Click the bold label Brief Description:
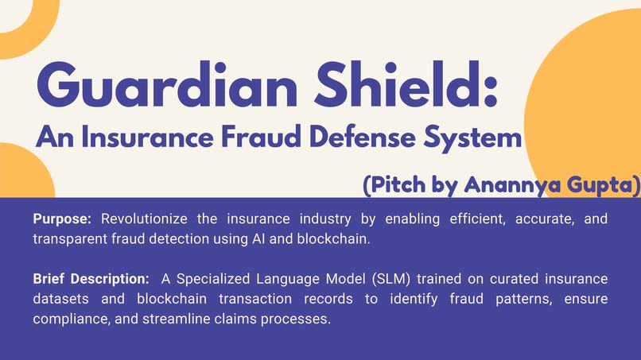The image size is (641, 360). coord(91,279)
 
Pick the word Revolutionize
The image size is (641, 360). coord(140,219)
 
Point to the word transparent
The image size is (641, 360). coord(69,238)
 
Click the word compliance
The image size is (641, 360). coord(68,319)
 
